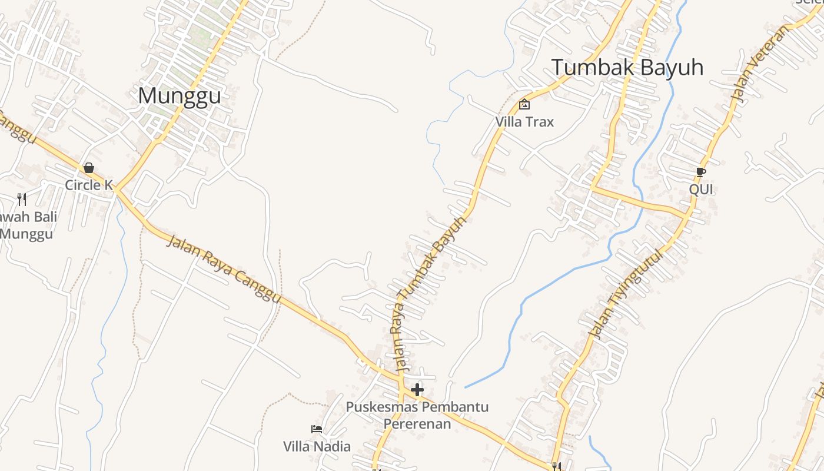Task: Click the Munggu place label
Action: click(x=180, y=96)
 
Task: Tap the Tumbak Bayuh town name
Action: click(x=627, y=68)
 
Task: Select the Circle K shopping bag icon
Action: click(x=89, y=168)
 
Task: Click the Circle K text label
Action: click(x=89, y=185)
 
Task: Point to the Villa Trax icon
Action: click(x=524, y=105)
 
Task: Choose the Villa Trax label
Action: click(x=524, y=122)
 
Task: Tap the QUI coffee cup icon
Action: click(x=700, y=172)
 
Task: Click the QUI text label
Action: click(x=701, y=189)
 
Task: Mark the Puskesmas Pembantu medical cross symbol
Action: click(x=417, y=389)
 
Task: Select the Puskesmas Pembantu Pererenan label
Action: click(x=417, y=415)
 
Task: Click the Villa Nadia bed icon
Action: click(x=317, y=429)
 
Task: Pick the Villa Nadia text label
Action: click(x=317, y=446)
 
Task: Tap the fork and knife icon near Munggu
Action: click(x=22, y=200)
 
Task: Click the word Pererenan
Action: click(x=417, y=424)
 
